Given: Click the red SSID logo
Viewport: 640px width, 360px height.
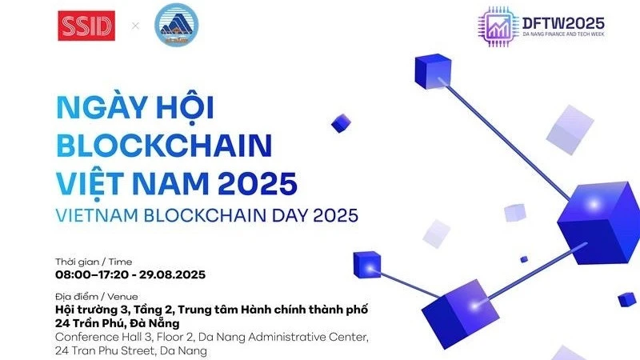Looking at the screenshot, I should click(86, 26).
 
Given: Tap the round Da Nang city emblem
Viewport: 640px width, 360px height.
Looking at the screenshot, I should click(176, 26).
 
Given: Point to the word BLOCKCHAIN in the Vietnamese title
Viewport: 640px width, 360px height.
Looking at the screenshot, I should click(164, 146).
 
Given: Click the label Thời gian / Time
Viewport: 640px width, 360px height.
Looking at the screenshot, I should click(94, 262).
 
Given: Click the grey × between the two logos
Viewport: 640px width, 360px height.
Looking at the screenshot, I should click(135, 26).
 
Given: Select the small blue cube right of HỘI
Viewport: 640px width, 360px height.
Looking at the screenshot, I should click(341, 122).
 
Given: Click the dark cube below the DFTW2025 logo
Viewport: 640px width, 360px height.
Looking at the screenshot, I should click(433, 71).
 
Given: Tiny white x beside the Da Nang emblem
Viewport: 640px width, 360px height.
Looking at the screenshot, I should click(135, 26).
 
